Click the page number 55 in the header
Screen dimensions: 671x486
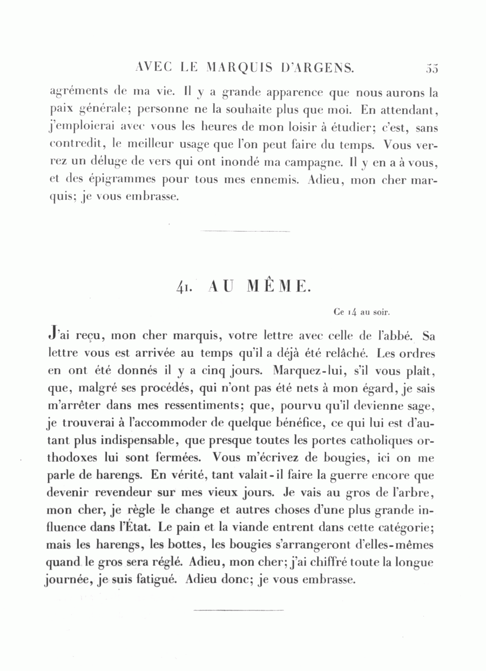coord(431,69)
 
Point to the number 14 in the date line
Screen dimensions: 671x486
coord(352,311)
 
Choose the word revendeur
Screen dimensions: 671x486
coord(132,493)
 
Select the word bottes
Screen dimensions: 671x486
coord(164,545)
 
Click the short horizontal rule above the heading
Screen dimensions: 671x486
coord(244,231)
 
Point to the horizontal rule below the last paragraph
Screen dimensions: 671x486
coord(238,611)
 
